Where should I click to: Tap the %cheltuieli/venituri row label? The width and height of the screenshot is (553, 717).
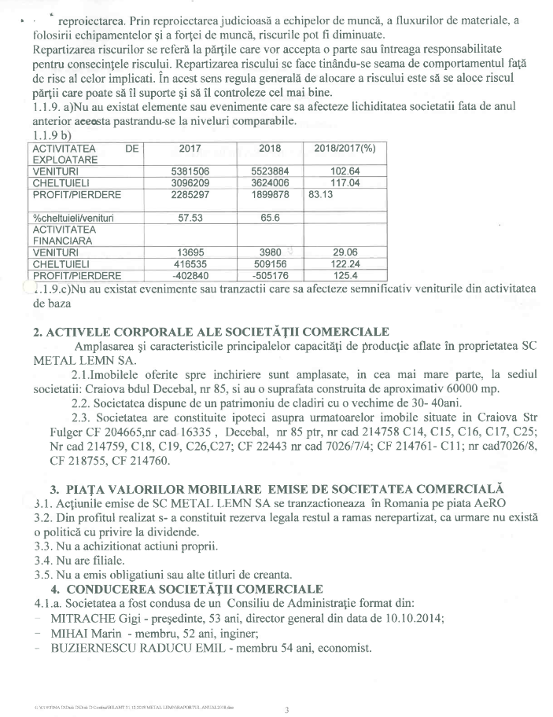click(x=72, y=218)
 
